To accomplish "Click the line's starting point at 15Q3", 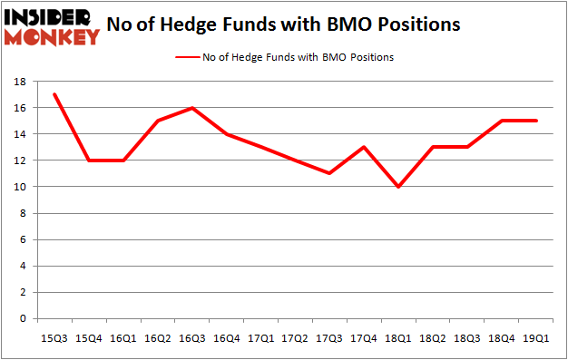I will click(55, 94).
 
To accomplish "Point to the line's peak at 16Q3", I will click(192, 108).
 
